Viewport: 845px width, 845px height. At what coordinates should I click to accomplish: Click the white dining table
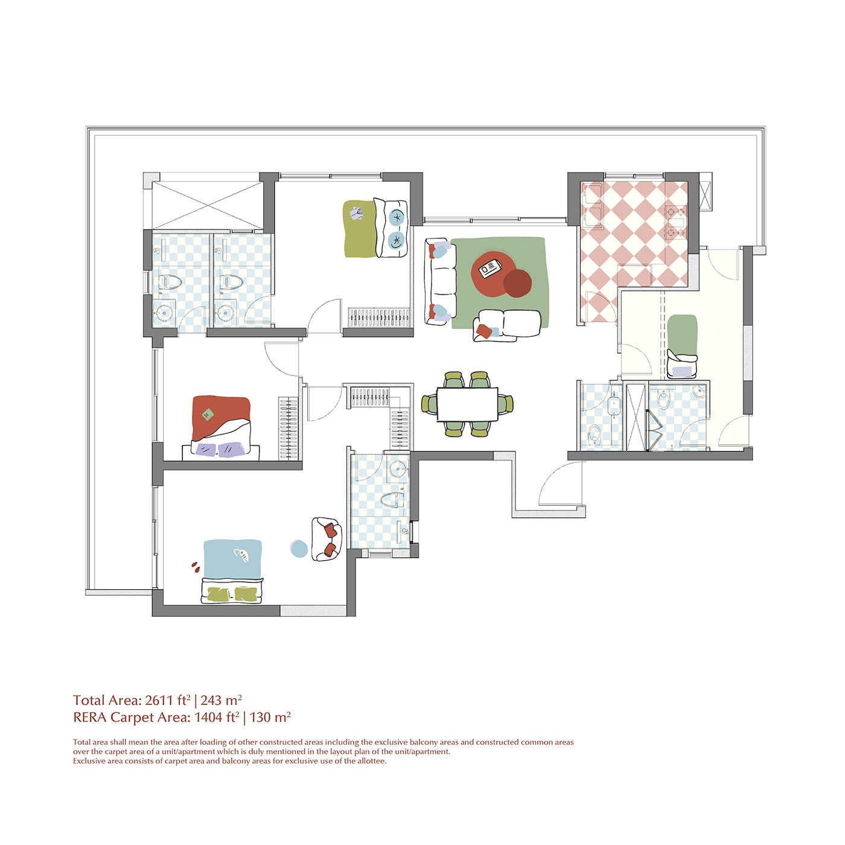coord(467,403)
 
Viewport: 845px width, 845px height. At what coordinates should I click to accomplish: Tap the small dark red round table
coord(517,283)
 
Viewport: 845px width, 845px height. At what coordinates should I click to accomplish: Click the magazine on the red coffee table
coord(490,269)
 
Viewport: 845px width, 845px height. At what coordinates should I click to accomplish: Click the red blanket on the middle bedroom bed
coord(220,416)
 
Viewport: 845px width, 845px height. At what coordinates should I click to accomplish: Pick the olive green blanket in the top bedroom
coord(360,229)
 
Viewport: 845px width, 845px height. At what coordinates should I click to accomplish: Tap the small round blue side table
coord(299,548)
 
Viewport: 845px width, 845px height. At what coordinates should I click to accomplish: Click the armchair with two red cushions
coord(327,540)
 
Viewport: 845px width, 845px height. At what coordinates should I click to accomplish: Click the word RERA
coord(90,718)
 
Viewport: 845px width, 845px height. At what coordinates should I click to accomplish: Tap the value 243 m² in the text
coord(221,700)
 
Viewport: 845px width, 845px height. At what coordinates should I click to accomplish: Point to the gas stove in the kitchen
coord(676,223)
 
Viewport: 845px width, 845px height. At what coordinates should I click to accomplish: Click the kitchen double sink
coord(593,206)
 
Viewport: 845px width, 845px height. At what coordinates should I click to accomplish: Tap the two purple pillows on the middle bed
coord(220,450)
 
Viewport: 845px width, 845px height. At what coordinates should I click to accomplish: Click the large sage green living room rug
coord(500,283)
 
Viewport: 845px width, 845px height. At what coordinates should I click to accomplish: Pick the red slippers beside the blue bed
coord(196,567)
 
